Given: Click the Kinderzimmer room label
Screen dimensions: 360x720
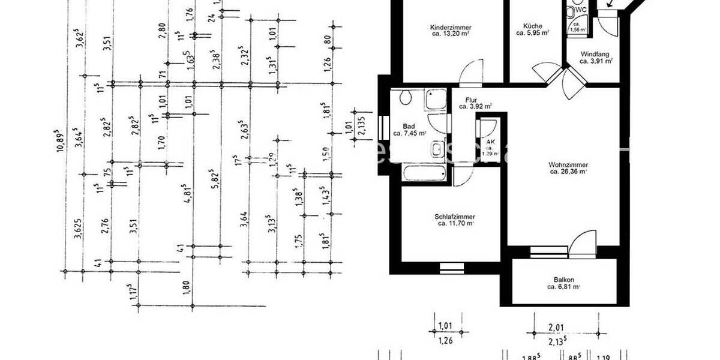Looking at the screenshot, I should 450,27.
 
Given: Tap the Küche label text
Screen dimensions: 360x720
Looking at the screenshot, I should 532,26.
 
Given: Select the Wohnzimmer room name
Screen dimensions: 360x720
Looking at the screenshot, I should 568,164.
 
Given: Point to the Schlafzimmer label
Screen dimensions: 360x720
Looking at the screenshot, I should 455,217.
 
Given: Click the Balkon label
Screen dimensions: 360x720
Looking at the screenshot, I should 564,280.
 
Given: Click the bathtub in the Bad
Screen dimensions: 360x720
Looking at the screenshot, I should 425,175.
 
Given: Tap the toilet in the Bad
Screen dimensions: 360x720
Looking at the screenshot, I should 405,97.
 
